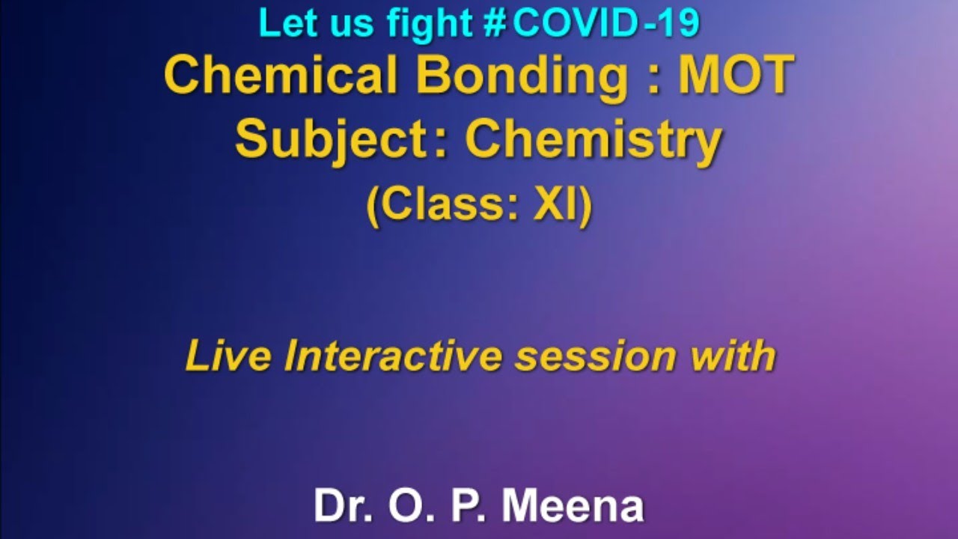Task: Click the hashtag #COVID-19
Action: point(591,23)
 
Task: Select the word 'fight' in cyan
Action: point(429,23)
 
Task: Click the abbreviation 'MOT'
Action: point(736,75)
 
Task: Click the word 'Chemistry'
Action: point(594,140)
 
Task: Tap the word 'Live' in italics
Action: point(228,356)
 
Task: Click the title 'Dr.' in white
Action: point(344,506)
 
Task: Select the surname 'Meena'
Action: point(573,506)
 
